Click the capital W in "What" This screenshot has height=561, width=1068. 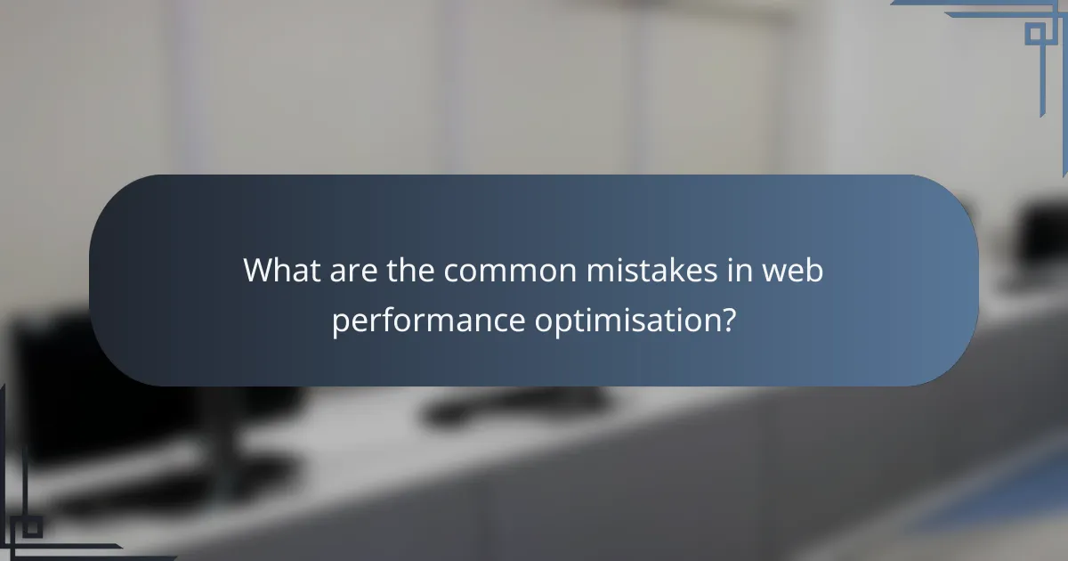coord(259,270)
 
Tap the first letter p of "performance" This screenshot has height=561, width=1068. coord(340,321)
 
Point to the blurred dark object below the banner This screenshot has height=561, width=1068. coord(498,405)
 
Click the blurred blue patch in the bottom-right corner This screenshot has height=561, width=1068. coord(1006,499)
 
